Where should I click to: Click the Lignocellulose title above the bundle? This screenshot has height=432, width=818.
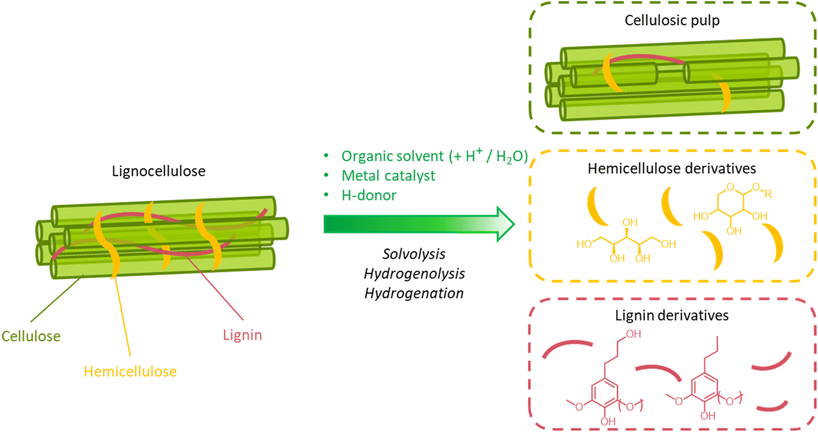158,171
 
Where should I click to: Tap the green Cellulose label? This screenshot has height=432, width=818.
31,336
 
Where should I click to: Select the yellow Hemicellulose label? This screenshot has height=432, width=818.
130,371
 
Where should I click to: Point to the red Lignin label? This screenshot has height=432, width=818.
242,335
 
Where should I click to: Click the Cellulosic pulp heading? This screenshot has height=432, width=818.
672,20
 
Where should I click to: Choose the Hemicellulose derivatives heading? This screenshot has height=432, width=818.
672,168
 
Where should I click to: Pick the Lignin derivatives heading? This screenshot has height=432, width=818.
671,315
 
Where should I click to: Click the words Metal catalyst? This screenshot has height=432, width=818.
388,176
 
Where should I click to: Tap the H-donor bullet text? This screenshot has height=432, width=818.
369,195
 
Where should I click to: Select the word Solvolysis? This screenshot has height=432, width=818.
414,254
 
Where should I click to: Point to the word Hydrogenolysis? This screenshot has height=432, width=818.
414,274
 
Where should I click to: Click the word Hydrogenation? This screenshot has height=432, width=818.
414,293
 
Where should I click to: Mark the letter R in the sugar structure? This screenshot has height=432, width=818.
768,193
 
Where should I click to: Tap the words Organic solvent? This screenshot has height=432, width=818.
392,156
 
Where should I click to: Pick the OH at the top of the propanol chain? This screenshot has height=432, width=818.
633,334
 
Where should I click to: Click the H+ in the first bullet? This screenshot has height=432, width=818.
474,155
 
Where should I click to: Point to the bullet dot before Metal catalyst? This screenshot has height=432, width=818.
326,176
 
